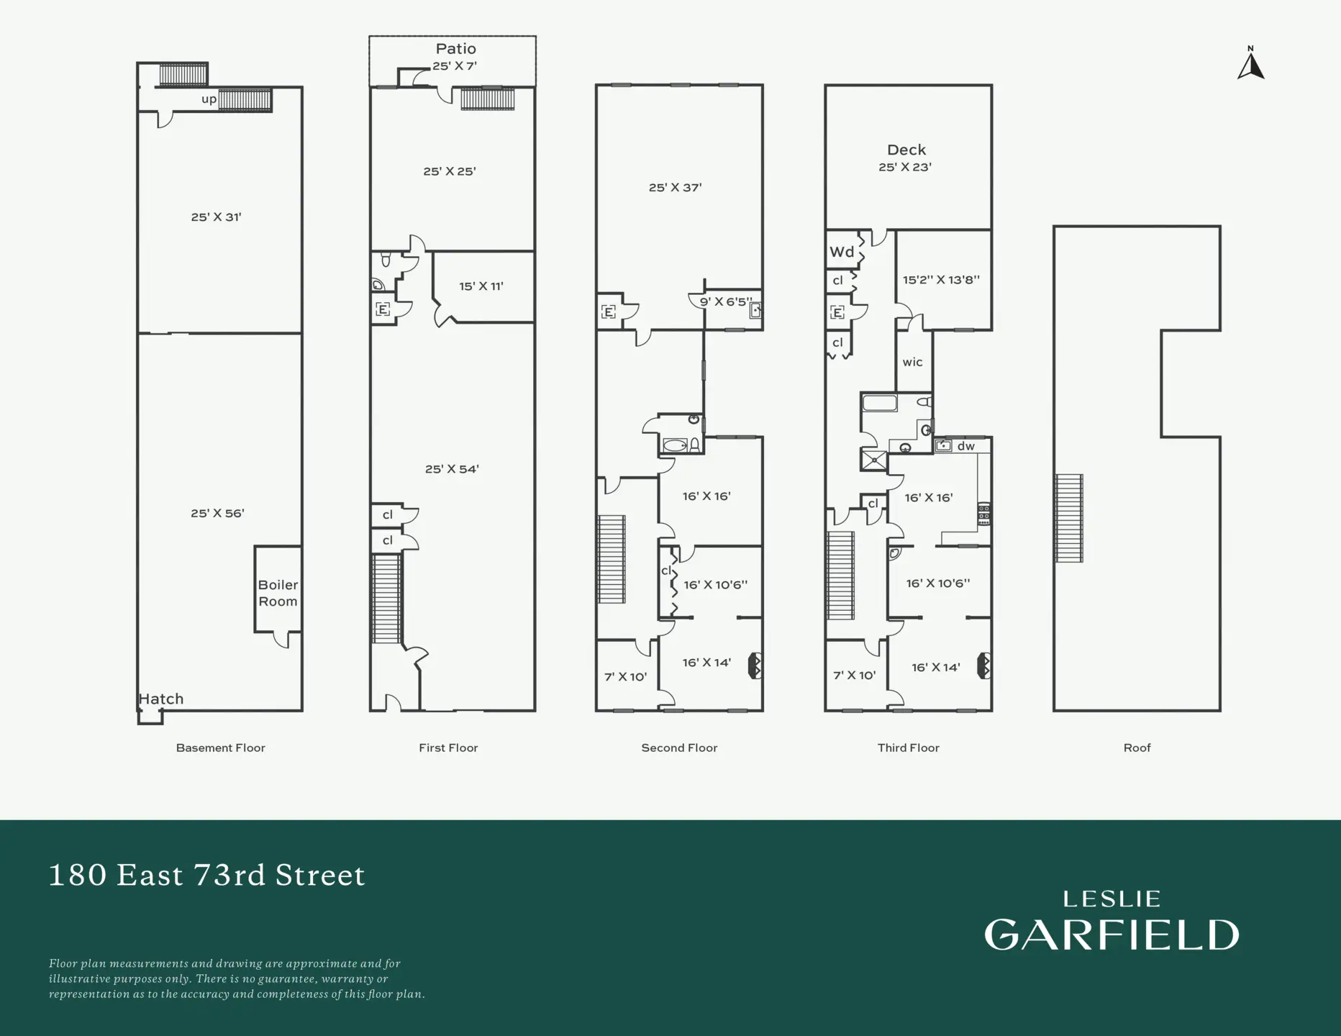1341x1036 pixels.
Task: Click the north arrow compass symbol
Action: point(1250,65)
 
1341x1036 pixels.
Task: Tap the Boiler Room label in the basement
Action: point(278,594)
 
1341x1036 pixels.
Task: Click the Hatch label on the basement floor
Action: point(161,699)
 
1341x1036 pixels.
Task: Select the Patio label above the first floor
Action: point(455,49)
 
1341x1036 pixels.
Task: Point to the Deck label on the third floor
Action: point(906,150)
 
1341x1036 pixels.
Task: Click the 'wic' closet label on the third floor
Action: point(912,362)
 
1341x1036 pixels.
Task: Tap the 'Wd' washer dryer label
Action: point(842,252)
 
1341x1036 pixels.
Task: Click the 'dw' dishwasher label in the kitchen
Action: point(965,446)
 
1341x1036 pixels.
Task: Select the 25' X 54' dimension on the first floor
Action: point(452,469)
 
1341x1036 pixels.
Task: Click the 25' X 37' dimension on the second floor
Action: point(675,188)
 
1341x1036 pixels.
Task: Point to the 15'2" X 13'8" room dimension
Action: point(941,280)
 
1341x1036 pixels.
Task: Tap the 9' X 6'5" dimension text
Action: point(726,301)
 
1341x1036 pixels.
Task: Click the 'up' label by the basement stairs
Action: point(209,99)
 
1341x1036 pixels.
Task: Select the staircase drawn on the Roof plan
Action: point(1069,518)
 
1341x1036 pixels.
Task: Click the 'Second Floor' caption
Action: point(679,748)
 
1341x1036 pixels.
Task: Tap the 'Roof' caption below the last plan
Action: point(1137,748)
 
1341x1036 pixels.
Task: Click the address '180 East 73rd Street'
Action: point(207,875)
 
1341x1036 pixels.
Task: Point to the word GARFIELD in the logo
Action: point(1112,935)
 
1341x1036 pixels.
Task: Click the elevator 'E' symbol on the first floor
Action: point(383,310)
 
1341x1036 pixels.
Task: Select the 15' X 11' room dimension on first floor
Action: point(481,286)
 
